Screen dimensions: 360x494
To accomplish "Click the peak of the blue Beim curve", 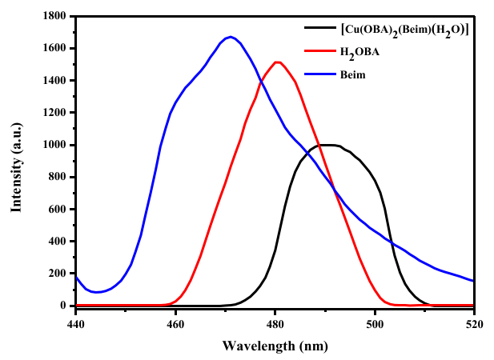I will (x=231, y=37).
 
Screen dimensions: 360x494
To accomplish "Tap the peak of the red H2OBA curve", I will (x=277, y=62).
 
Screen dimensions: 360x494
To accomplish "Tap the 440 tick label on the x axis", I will (x=76, y=324).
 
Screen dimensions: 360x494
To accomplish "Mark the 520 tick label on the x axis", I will (x=474, y=324).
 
